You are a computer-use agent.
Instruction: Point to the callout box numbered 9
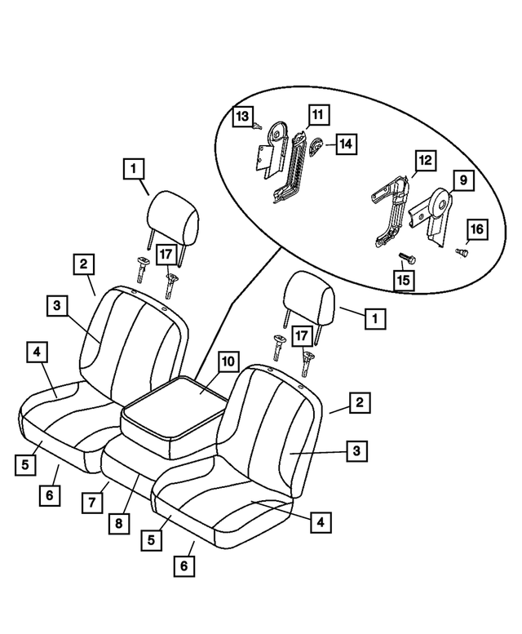pos(462,178)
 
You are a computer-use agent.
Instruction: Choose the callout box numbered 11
pos(317,115)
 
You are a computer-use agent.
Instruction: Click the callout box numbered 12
pos(425,160)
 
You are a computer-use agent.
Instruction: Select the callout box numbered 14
pos(346,144)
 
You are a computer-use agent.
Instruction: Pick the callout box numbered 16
pos(476,229)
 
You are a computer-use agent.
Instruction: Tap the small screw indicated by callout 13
pos(257,126)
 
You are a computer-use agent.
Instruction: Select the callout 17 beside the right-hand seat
pos(301,335)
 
